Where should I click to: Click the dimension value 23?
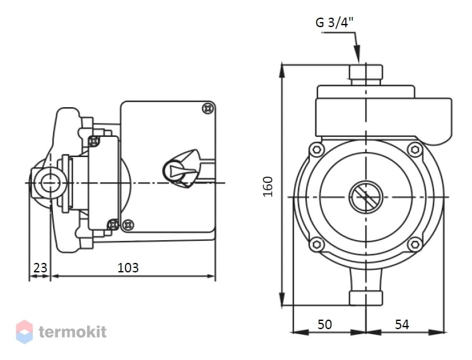[40, 267]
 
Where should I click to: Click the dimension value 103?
[128, 267]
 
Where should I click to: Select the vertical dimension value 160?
[268, 187]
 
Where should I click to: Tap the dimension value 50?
[325, 324]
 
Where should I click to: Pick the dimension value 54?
[402, 324]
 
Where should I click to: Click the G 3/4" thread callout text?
[334, 22]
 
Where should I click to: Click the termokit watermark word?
[73, 332]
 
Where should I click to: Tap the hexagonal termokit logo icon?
[24, 332]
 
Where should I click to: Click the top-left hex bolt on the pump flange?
[316, 149]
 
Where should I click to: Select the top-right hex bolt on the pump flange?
[415, 149]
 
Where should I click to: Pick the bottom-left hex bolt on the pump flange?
[316, 244]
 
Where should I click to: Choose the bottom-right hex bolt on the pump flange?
[415, 244]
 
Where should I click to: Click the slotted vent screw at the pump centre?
[366, 197]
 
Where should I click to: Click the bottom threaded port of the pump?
[366, 298]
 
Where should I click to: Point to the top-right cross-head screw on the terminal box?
[208, 108]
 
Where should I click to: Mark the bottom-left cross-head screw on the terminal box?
[128, 224]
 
